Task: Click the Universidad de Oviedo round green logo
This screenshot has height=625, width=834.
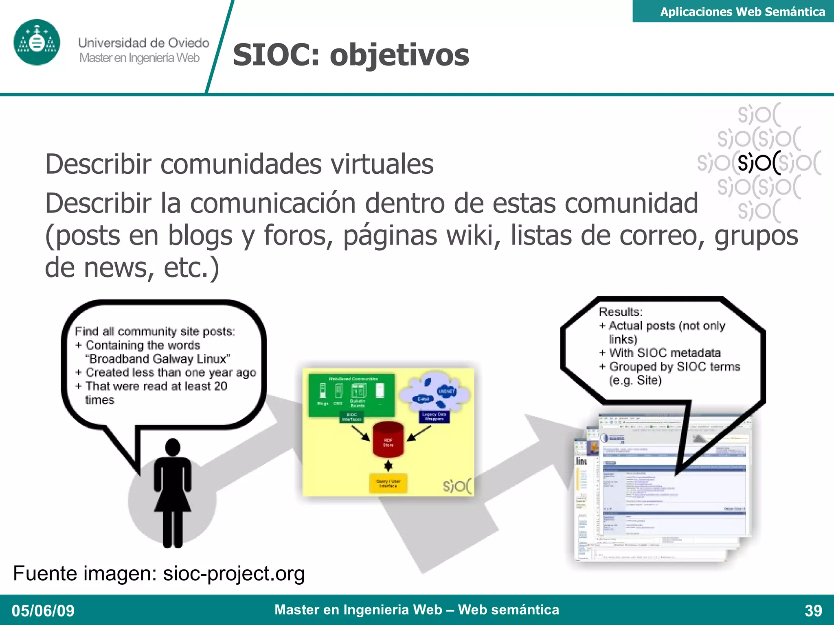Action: pyautogui.click(x=37, y=42)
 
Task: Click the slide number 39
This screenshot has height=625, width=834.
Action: pyautogui.click(x=813, y=610)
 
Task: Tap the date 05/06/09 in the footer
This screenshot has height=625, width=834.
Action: pyautogui.click(x=43, y=610)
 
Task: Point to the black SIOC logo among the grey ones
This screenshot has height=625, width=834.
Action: pyautogui.click(x=759, y=163)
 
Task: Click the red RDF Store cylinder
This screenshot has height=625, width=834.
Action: pyautogui.click(x=388, y=440)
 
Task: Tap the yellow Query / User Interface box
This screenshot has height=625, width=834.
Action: pyautogui.click(x=388, y=483)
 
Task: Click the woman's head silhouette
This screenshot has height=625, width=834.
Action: pyautogui.click(x=173, y=447)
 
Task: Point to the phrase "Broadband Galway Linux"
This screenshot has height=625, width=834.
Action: pyautogui.click(x=158, y=359)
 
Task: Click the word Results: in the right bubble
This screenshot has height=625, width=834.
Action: pyautogui.click(x=621, y=312)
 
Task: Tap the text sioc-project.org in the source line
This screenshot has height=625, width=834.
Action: pyautogui.click(x=234, y=573)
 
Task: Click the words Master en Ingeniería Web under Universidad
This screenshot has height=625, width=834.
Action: pyautogui.click(x=139, y=58)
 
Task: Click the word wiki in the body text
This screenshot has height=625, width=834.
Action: pyautogui.click(x=474, y=236)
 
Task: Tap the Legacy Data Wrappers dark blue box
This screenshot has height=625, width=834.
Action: pyautogui.click(x=434, y=417)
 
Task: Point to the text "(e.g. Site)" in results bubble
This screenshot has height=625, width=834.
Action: pyautogui.click(x=635, y=380)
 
